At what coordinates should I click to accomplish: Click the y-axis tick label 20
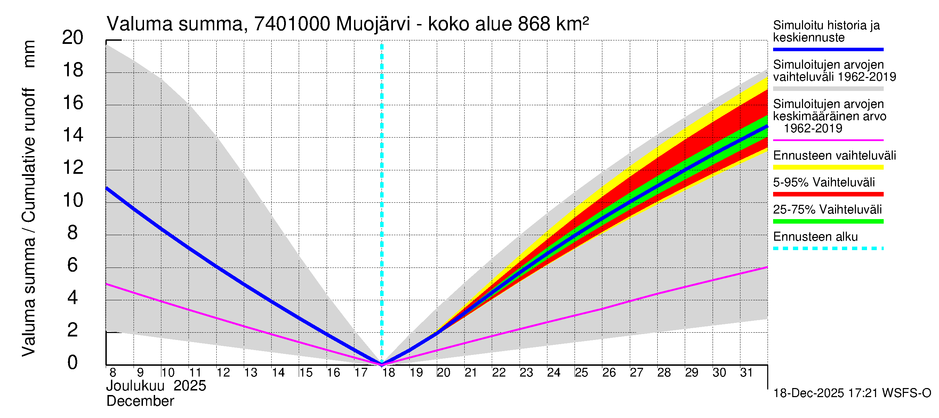tap(73, 38)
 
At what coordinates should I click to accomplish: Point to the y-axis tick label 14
tap(73, 135)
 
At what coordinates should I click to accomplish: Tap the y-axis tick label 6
tap(73, 265)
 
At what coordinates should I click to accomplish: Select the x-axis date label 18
tap(388, 373)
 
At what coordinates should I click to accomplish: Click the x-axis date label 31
tap(746, 373)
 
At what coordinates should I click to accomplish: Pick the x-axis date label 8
tap(113, 373)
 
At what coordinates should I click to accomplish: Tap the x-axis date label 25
tap(581, 373)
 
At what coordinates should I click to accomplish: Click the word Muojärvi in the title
tap(373, 24)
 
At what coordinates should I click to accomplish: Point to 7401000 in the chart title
tap(292, 24)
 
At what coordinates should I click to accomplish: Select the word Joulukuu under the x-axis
tap(135, 386)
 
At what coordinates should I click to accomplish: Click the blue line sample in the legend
tap(828, 49)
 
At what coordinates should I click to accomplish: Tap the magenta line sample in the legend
tap(828, 140)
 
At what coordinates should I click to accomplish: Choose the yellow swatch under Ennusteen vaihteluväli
tap(828, 168)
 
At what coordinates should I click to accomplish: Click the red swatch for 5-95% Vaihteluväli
tap(828, 195)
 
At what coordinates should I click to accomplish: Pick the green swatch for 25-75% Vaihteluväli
tap(828, 222)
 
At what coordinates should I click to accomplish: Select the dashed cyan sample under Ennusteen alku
tap(828, 249)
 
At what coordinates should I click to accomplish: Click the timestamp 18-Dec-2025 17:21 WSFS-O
tap(852, 393)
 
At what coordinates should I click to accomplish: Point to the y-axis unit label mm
tap(29, 54)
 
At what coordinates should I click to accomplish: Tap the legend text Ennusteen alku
tap(815, 237)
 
